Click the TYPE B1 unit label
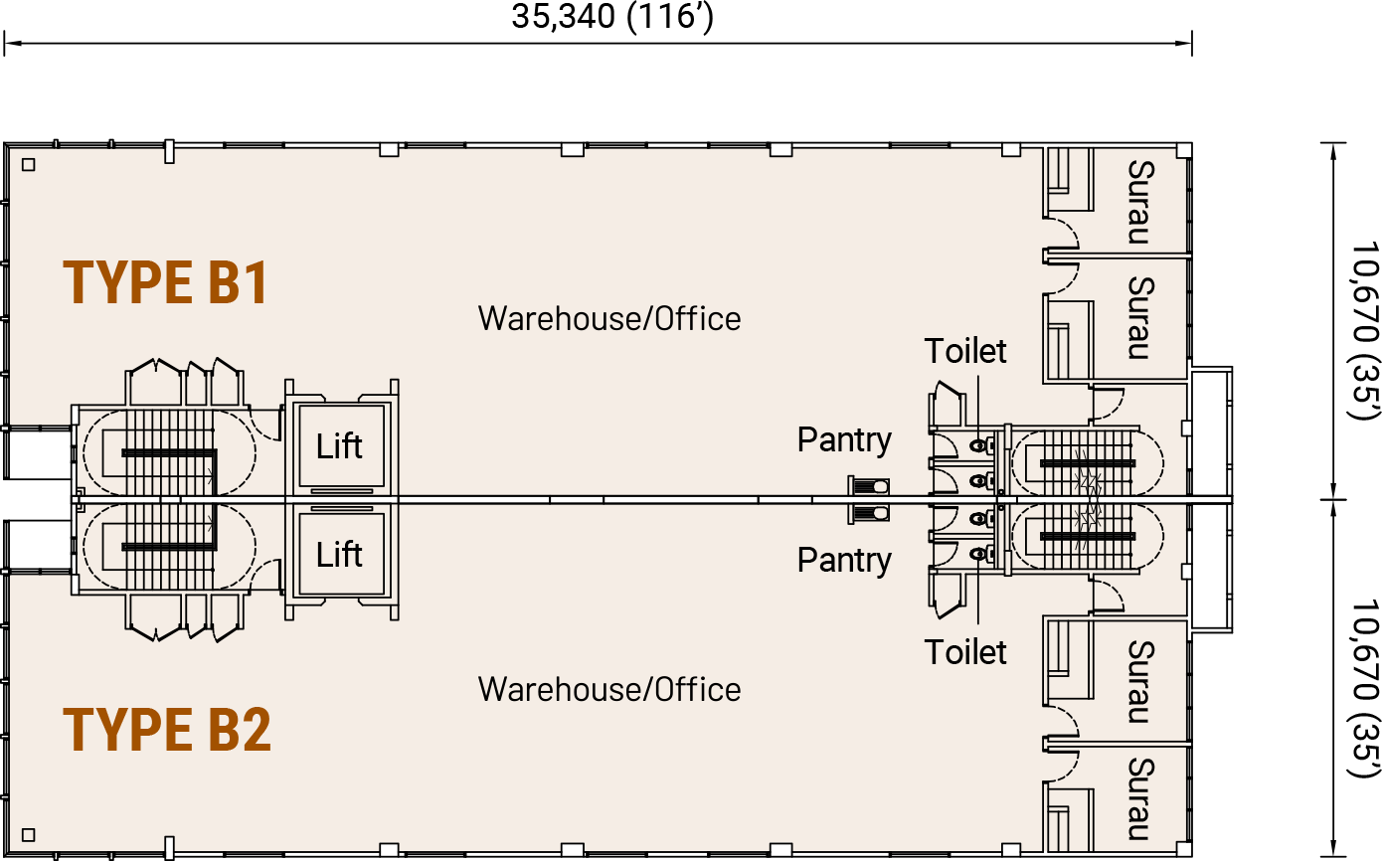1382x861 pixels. click(x=165, y=282)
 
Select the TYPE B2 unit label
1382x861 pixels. click(x=167, y=730)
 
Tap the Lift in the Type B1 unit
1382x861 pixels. click(x=339, y=446)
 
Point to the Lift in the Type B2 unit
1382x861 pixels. click(x=339, y=554)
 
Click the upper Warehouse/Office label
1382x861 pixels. click(x=609, y=319)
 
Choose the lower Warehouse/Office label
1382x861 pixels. click(x=609, y=689)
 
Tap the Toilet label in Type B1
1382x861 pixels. click(x=965, y=351)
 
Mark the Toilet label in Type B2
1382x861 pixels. click(x=965, y=652)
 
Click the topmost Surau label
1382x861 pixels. click(x=1140, y=202)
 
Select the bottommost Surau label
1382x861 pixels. click(x=1140, y=799)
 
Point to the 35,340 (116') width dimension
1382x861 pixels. click(x=612, y=16)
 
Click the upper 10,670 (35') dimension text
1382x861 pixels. click(x=1364, y=330)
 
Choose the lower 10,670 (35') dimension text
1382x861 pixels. click(x=1364, y=688)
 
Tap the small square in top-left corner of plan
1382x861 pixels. click(x=29, y=165)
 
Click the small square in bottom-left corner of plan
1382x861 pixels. click(x=29, y=834)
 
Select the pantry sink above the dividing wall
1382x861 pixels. click(x=869, y=486)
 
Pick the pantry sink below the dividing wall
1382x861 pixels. click(x=869, y=513)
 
